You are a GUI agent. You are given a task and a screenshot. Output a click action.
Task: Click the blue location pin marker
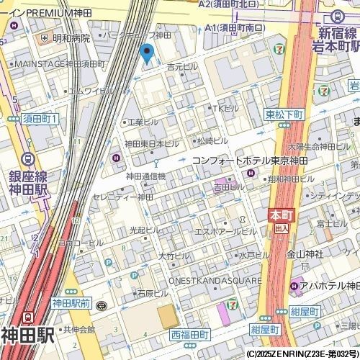coord(148,53)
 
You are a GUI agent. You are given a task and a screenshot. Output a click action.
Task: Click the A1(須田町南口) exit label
coord(235,28)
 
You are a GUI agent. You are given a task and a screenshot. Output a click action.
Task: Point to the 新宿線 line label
coord(337,33)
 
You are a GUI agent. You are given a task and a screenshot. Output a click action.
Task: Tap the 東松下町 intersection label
coord(285,114)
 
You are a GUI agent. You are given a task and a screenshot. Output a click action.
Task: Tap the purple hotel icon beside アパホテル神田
coord(295,287)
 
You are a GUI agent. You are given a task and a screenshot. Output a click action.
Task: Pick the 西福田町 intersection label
coord(189,335)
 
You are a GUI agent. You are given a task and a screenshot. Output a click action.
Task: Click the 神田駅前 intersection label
coord(71,305)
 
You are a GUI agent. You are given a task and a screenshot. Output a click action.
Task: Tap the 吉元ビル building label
coord(182,66)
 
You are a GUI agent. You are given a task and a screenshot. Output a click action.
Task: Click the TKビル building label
coord(225,108)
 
